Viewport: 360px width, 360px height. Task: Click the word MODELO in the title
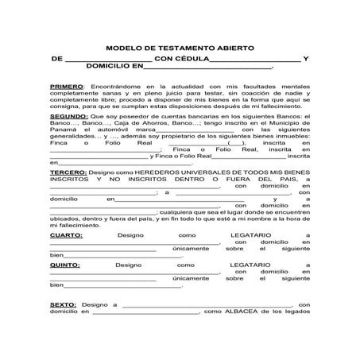pos(125,47)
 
